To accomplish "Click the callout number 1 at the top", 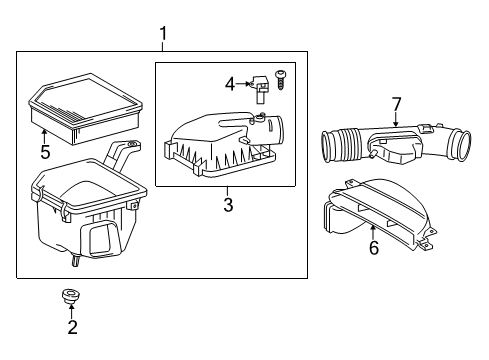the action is [163, 34].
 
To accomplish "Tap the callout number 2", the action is [73, 327].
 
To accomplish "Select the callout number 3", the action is [228, 204].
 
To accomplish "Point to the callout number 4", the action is [230, 84].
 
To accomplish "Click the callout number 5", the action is [45, 152].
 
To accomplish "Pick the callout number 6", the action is [374, 248].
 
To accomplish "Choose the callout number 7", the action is [396, 104].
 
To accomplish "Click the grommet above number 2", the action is [71, 296].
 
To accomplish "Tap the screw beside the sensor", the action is [281, 80].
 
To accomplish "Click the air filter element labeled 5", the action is [86, 108].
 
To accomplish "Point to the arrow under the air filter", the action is [44, 138].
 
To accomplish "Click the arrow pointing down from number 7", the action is [396, 120].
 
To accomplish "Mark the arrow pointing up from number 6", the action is [373, 233].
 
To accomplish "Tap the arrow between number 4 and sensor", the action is [242, 84].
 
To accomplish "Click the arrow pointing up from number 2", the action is [72, 311].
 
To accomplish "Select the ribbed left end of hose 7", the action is [340, 147].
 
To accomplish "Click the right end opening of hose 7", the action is [461, 146].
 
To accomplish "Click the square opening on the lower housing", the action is [102, 239].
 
